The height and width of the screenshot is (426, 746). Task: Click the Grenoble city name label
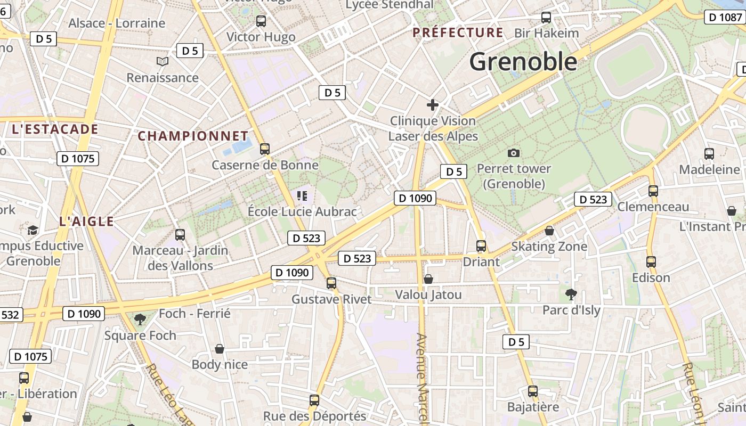click(523, 62)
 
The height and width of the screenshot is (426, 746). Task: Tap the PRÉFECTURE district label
click(458, 32)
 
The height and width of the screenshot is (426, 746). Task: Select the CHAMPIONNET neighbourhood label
click(193, 136)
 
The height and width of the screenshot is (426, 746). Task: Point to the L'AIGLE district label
click(87, 222)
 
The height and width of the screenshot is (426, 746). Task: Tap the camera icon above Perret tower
click(514, 153)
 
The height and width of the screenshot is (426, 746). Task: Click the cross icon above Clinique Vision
click(433, 105)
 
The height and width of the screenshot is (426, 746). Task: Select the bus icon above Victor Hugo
click(261, 21)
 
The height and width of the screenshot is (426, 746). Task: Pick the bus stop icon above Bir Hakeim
click(546, 18)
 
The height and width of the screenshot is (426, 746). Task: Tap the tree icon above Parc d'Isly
click(571, 294)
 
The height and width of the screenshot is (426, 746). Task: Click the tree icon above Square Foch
click(140, 319)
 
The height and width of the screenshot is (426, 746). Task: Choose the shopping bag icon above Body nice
click(220, 349)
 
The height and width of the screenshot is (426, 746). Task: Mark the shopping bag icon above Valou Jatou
click(428, 279)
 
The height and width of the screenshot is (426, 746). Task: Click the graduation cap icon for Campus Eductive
click(33, 230)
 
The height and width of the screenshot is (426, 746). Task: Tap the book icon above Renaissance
click(163, 62)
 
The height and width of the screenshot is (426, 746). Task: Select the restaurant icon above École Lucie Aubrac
click(302, 196)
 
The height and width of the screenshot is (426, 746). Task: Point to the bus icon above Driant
click(481, 246)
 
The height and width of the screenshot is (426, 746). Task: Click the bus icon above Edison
click(651, 262)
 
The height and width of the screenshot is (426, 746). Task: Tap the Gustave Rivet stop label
click(331, 299)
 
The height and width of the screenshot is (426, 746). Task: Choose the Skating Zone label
click(549, 247)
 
